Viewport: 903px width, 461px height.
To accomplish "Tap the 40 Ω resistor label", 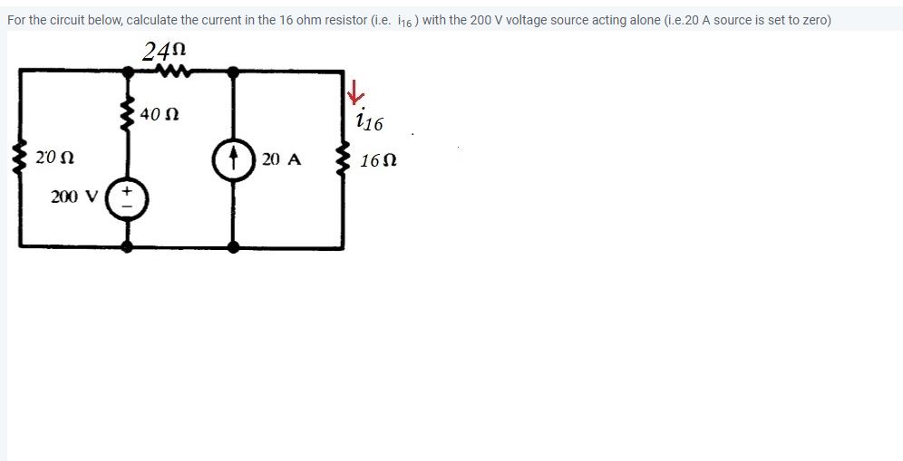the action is pyautogui.click(x=161, y=115).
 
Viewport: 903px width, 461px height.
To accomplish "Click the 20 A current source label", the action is pyautogui.click(x=280, y=160).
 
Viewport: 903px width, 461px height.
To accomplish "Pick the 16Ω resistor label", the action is pyautogui.click(x=378, y=161).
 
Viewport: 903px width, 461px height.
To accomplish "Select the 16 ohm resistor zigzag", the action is pyautogui.click(x=343, y=161).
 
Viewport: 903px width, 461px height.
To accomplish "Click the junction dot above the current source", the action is pyautogui.click(x=233, y=70).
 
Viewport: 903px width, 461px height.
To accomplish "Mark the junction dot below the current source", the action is pyautogui.click(x=233, y=245).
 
